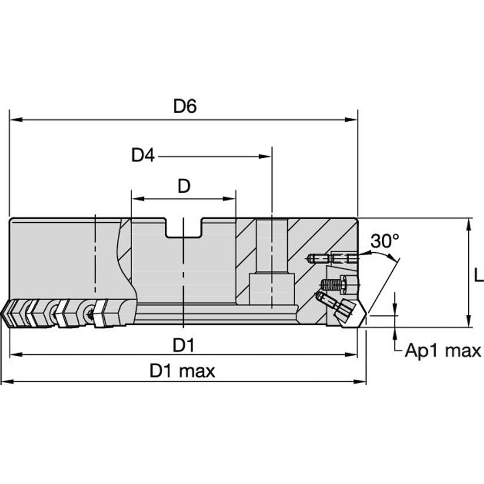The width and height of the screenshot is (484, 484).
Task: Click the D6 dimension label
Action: point(184,106)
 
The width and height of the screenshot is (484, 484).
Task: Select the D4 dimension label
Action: point(143,155)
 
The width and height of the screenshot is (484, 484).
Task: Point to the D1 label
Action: point(184,345)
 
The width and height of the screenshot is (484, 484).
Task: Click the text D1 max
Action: point(182,371)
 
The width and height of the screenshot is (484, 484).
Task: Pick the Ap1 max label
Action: point(443,351)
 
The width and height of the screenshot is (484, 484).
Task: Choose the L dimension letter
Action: point(478,276)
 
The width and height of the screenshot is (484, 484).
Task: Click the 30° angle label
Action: point(385,241)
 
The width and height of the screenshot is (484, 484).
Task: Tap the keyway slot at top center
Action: point(184,228)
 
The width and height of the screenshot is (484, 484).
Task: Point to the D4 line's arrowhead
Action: point(266,156)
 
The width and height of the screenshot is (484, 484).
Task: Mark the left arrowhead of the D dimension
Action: point(137,199)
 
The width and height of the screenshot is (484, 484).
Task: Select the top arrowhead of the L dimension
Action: point(469,223)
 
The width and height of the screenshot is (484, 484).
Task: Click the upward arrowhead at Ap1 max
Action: point(394,333)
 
